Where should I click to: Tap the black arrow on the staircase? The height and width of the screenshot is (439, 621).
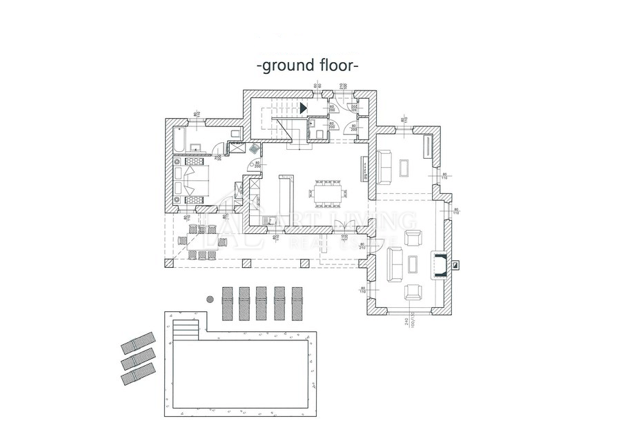tap(304, 106)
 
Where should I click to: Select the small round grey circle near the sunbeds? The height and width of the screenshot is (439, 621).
tap(210, 299)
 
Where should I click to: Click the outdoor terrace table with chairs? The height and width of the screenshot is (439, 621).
tap(201, 242)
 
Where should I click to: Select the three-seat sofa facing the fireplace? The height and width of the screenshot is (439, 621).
tap(396, 264)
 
